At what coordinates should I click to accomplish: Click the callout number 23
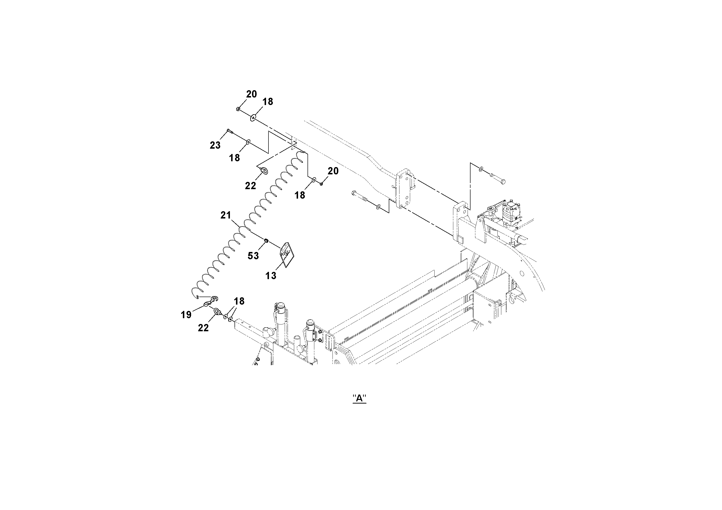[x=215, y=145]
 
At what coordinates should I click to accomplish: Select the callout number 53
[x=253, y=256]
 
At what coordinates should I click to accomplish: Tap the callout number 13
[x=271, y=276]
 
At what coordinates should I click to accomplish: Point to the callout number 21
[x=226, y=215]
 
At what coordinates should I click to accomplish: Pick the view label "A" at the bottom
[x=359, y=399]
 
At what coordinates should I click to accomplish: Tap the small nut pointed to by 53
[x=266, y=241]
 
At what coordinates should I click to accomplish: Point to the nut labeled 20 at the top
[x=238, y=109]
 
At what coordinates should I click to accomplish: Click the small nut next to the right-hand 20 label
[x=321, y=184]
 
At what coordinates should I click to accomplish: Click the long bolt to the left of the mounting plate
[x=362, y=198]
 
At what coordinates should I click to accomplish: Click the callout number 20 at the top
[x=251, y=94]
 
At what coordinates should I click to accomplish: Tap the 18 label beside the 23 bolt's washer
[x=235, y=158]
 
